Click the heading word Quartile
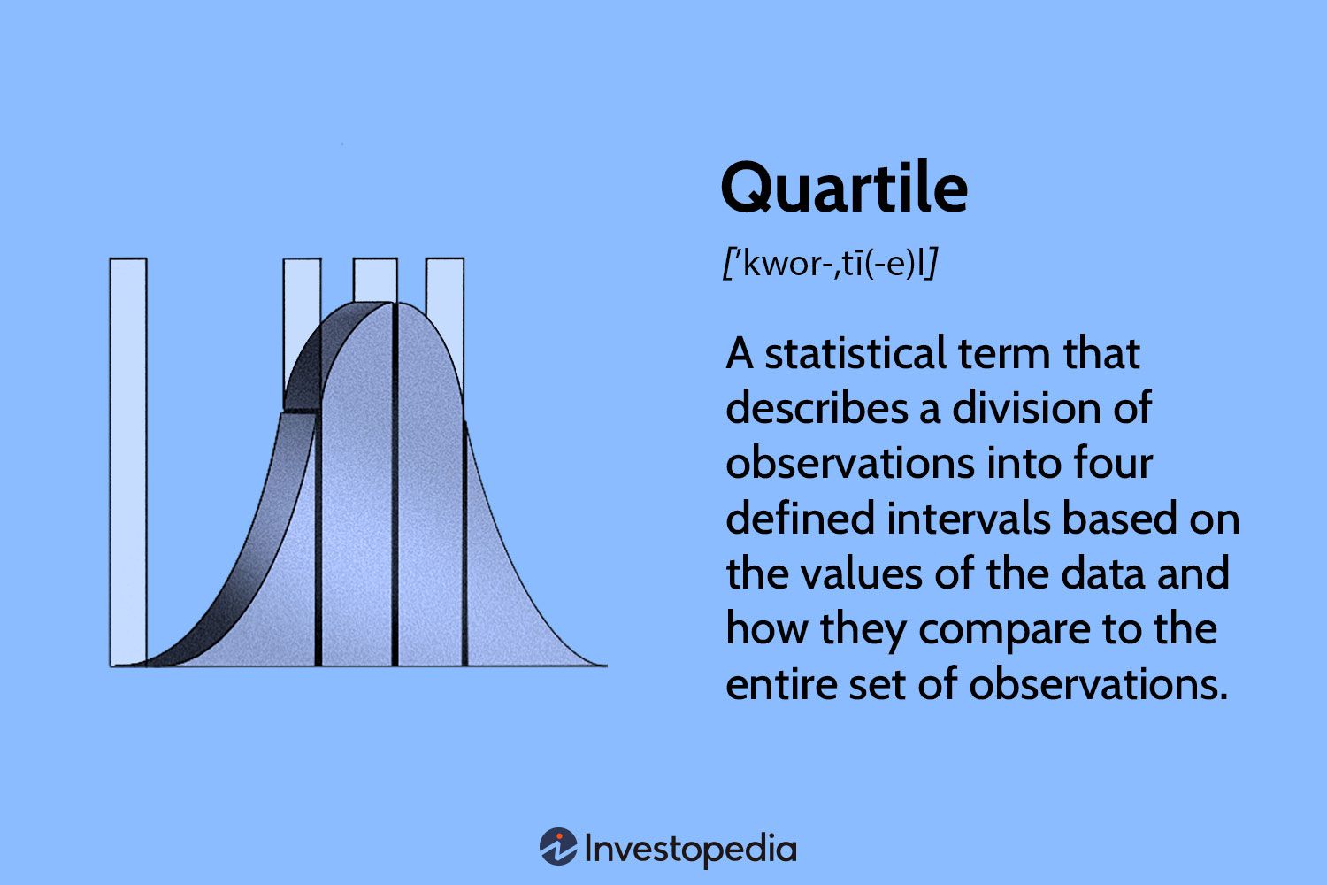pos(844,188)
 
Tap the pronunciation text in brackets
pos(830,264)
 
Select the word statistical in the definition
pos(855,354)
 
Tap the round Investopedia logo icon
pos(558,847)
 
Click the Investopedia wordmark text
pos(691,850)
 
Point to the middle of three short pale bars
pos(375,280)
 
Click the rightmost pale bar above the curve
pos(445,292)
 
